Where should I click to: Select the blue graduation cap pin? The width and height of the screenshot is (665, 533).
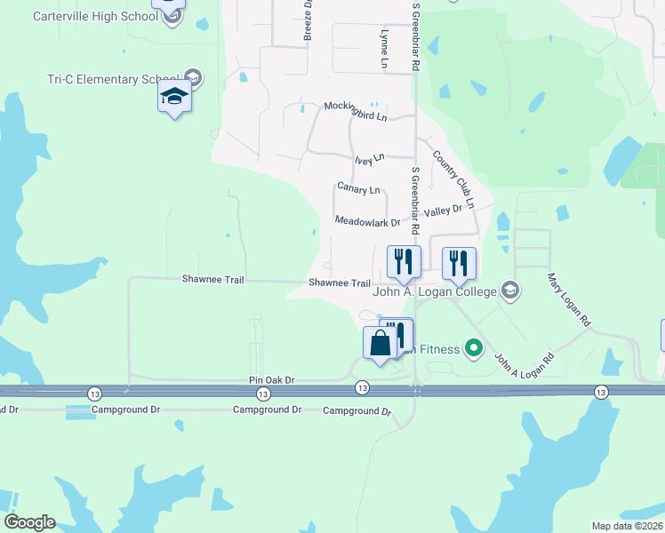175,98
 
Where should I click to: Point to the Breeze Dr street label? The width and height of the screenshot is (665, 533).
308,20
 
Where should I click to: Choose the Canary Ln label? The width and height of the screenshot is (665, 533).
358,189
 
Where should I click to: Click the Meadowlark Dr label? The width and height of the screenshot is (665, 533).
367,222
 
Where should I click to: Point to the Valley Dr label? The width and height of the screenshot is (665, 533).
444,211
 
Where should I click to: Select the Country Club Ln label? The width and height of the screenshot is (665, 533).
453,179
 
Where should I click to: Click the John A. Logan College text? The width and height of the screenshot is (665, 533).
434,290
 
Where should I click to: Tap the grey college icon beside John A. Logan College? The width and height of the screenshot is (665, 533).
510,290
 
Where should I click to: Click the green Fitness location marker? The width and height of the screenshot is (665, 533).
475,348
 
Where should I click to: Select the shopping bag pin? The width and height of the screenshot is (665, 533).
380,344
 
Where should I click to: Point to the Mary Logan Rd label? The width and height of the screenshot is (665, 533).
569,298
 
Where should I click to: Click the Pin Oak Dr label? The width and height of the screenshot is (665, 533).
271,380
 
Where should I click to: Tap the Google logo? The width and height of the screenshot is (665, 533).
29,522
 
